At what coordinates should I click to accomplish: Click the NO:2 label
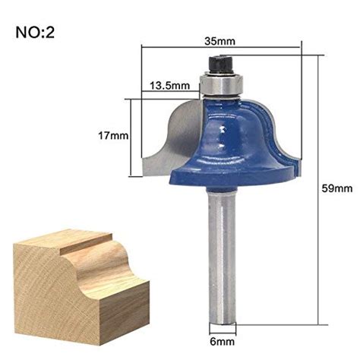pyautogui.click(x=36, y=33)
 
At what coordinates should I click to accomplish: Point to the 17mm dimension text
pyautogui.click(x=113, y=136)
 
